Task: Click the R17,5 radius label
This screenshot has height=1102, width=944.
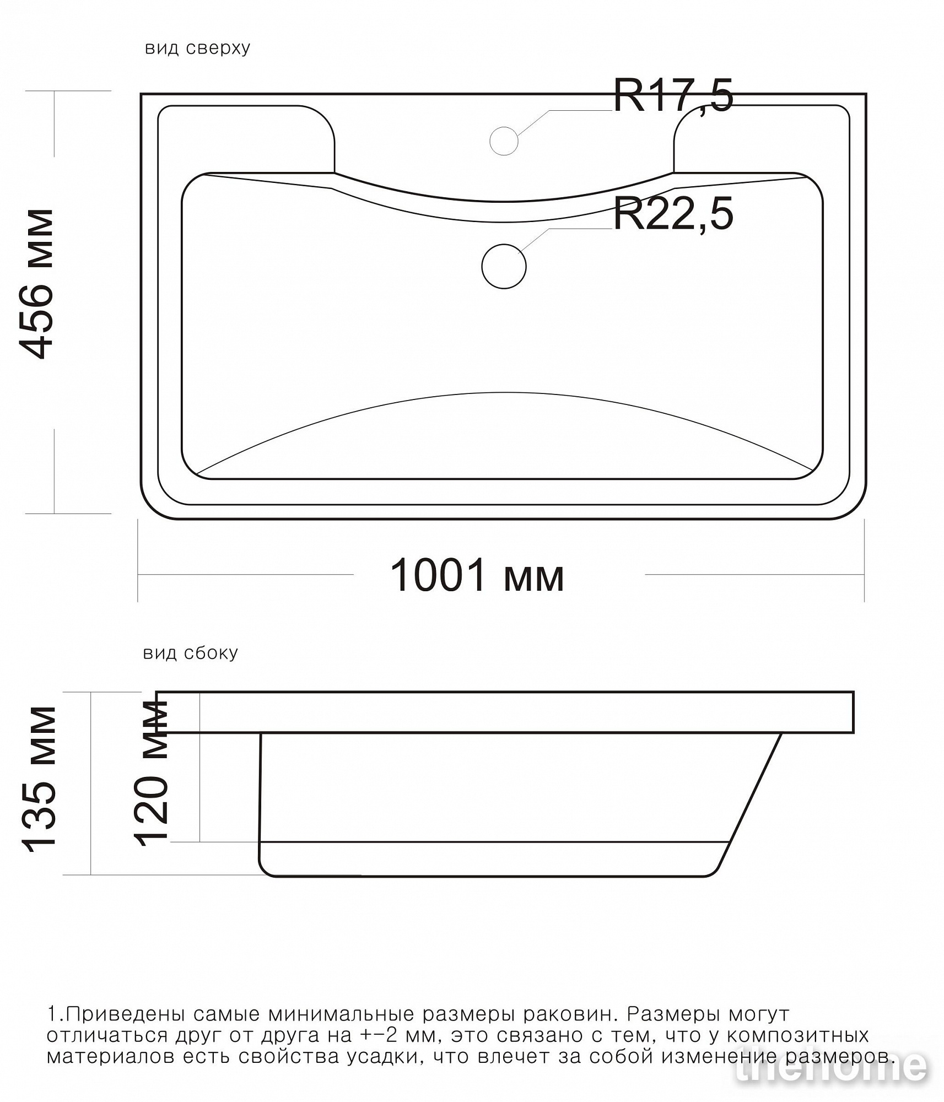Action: (673, 95)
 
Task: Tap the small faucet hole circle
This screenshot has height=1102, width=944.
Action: (504, 141)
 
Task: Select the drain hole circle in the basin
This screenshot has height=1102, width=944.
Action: (504, 266)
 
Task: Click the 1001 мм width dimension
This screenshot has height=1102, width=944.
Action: (477, 575)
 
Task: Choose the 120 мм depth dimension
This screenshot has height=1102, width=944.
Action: (151, 773)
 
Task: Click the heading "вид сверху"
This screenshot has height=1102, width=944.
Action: (197, 48)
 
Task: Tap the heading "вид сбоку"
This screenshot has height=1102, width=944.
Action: (191, 653)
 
